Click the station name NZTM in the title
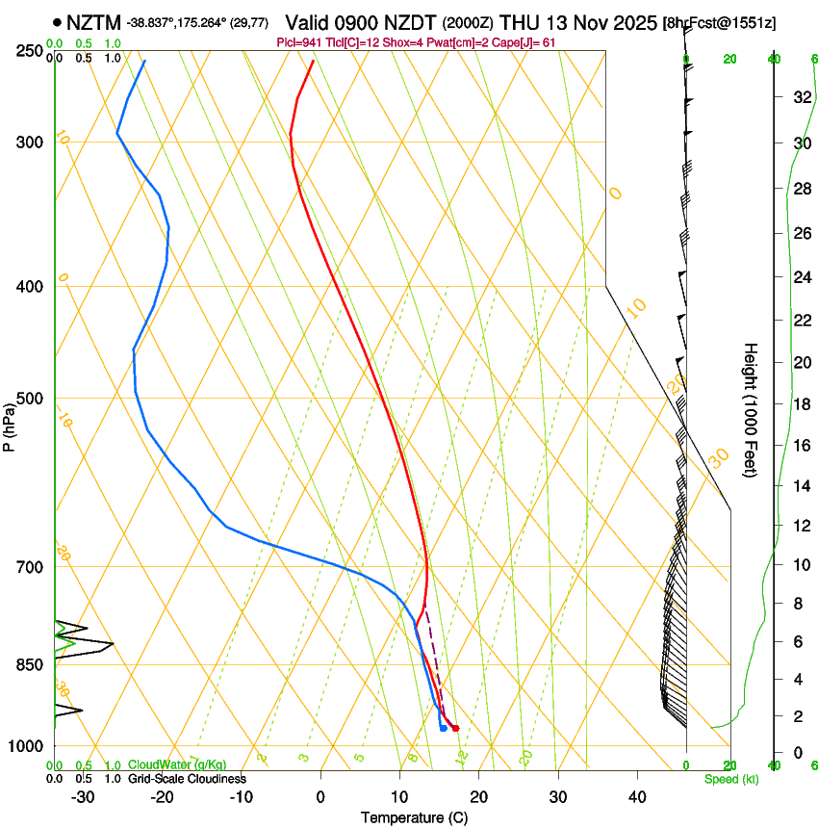coord(94,22)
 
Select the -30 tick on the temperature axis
coord(83,797)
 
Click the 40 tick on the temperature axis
coord(636,797)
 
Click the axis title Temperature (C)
coord(414,817)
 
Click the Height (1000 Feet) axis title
coord(752,409)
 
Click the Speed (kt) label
coord(730,779)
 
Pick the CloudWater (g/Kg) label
coord(177,764)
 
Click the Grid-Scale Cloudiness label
coord(186,779)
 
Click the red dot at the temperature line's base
coord(455,728)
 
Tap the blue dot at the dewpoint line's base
coord(443,728)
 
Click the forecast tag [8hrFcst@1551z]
coord(720,22)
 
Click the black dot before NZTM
coord(59,22)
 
